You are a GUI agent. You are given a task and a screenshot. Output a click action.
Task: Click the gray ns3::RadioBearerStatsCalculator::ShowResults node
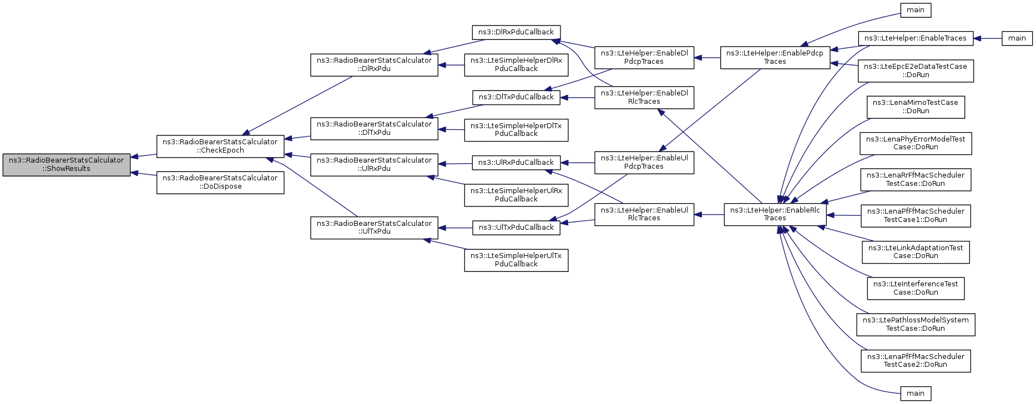tap(67, 165)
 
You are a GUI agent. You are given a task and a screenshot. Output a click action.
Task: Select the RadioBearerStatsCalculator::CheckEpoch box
tap(220, 146)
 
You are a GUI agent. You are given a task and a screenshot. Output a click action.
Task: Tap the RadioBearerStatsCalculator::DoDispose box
tap(220, 182)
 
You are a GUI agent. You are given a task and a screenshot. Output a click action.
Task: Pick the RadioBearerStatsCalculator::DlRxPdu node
tap(374, 64)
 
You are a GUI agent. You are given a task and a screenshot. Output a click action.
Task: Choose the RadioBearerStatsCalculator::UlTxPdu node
tap(374, 228)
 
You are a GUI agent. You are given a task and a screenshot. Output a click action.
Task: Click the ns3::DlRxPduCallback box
tap(516, 32)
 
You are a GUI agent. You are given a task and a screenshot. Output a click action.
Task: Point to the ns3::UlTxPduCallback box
tap(516, 228)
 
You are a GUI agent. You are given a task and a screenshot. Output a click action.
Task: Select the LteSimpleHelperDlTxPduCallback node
tap(516, 130)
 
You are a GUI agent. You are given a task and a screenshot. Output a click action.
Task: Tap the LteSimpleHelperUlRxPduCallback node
tap(516, 195)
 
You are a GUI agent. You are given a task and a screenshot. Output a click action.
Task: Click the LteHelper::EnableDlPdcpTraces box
tap(644, 57)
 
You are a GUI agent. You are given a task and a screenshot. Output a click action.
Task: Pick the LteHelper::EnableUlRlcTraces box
tap(644, 214)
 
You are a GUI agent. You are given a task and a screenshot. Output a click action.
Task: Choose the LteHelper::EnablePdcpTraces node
tap(775, 57)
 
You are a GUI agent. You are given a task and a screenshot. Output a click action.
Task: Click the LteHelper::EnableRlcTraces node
tap(775, 214)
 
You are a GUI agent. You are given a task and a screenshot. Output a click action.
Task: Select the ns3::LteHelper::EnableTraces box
tap(916, 38)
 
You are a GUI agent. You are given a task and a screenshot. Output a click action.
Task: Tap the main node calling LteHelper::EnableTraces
tap(1017, 38)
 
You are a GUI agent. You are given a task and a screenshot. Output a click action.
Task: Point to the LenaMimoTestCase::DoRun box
tap(916, 107)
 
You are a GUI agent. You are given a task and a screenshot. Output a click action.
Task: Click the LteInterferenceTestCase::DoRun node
tap(916, 288)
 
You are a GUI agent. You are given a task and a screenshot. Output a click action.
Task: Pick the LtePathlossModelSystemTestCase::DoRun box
tap(916, 324)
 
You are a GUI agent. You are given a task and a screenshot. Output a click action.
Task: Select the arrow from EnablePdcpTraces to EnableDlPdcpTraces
tap(707, 57)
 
